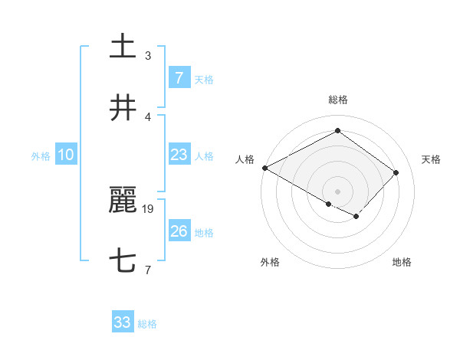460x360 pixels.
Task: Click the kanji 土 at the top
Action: tap(123, 47)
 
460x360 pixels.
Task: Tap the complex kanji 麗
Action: tap(123, 201)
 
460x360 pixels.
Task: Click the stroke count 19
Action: tap(149, 208)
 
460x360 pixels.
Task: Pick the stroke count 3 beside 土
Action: tap(148, 55)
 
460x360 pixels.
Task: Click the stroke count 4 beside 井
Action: tap(148, 116)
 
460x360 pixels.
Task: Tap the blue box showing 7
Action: tap(179, 78)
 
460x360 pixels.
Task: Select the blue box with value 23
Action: tap(179, 155)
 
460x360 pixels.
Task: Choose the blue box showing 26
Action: tap(179, 231)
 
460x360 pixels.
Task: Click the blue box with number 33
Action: tap(123, 322)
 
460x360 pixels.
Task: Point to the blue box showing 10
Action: tap(65, 155)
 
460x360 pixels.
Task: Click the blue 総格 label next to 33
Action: tap(147, 324)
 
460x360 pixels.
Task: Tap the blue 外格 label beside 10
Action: tap(41, 155)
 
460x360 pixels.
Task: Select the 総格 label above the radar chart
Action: tap(337, 100)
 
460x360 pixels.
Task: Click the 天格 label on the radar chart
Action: tap(432, 159)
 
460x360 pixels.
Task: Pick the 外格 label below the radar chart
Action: tap(270, 262)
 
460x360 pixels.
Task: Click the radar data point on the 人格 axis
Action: tap(264, 168)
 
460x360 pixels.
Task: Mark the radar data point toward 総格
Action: tap(337, 131)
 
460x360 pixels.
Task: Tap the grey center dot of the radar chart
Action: tap(337, 191)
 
